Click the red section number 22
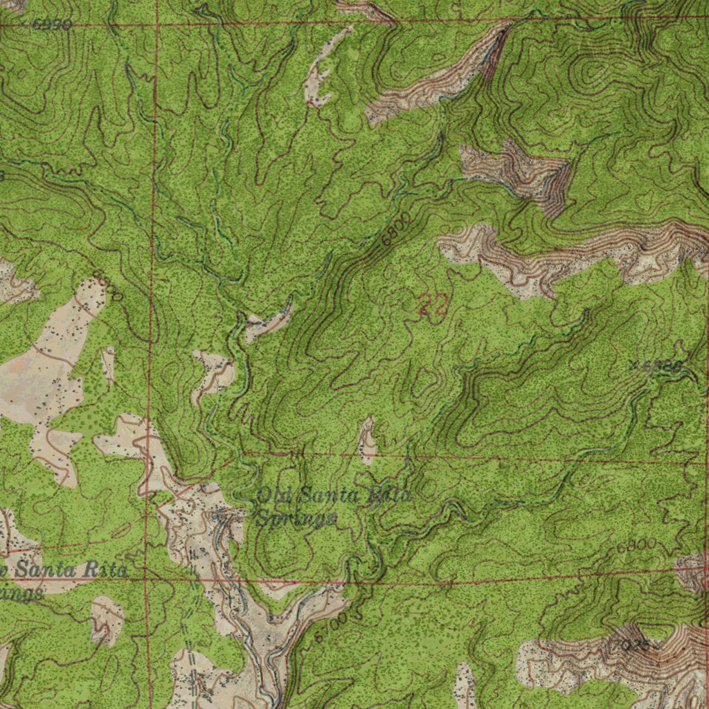[433, 305]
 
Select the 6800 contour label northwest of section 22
[395, 228]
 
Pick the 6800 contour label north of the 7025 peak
[636, 546]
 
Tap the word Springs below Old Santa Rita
[296, 518]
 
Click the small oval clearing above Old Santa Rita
[366, 440]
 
